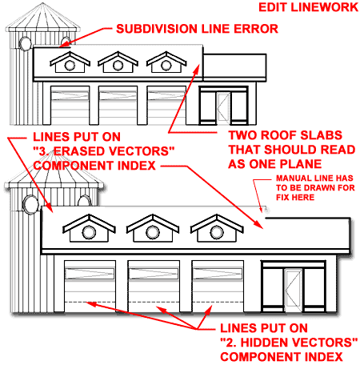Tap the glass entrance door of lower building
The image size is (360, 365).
(293, 289)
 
